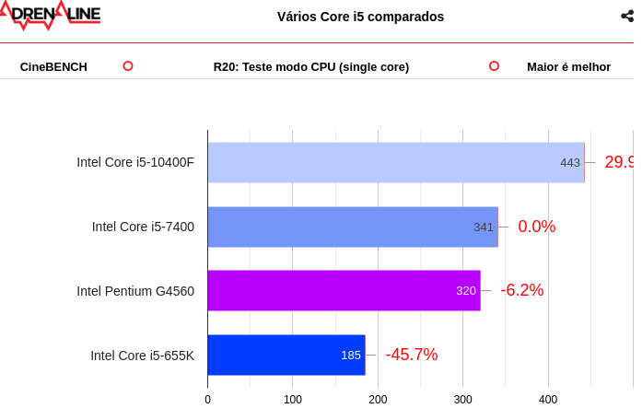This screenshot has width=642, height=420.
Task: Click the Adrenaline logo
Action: (50, 15)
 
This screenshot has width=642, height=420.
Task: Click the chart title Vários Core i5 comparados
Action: (360, 17)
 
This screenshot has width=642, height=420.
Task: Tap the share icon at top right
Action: (627, 16)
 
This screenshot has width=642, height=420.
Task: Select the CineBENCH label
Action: (53, 66)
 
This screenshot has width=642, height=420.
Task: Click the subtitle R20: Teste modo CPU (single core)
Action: (311, 66)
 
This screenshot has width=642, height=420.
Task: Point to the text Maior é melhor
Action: (568, 66)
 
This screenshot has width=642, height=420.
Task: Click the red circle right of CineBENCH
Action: (128, 65)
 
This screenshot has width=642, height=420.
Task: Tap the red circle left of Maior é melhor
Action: (494, 65)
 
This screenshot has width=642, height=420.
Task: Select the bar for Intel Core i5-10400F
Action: (395, 162)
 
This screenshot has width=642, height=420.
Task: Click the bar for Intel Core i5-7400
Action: (352, 227)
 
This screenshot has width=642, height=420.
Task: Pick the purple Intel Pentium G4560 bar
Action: (344, 290)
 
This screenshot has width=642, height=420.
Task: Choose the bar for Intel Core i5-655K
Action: (286, 355)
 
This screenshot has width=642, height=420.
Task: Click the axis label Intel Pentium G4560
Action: (135, 291)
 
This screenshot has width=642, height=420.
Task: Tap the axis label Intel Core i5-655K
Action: (142, 356)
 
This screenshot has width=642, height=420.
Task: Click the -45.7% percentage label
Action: (411, 355)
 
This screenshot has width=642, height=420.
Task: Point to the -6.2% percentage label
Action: (521, 290)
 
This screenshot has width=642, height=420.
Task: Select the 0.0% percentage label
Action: (536, 227)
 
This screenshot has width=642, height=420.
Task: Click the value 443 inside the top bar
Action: (570, 163)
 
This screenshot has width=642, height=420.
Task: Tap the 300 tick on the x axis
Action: (463, 400)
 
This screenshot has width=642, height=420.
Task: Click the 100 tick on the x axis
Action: (293, 400)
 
